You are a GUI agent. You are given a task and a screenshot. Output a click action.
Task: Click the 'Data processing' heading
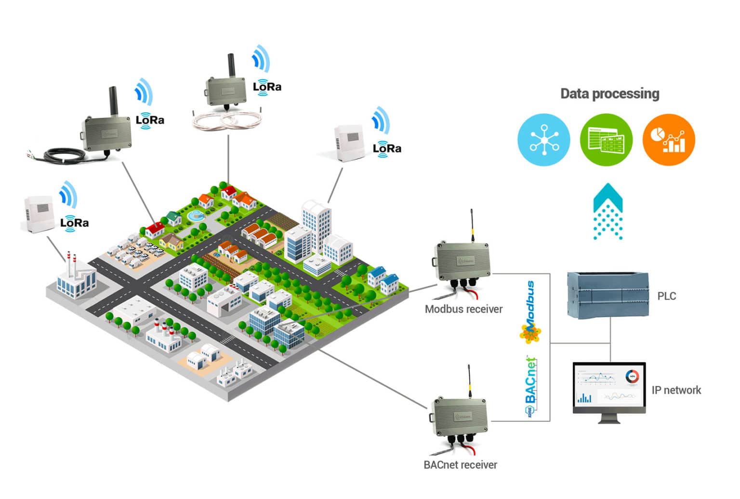(609, 94)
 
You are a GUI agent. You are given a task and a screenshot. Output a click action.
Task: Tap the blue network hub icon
(543, 140)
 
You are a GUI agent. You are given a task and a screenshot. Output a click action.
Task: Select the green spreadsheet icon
(606, 140)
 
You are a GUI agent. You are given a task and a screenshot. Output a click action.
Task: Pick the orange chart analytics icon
(669, 140)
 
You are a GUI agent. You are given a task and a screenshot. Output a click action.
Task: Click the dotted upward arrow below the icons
(608, 212)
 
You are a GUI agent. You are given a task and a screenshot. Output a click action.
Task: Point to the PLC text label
(667, 296)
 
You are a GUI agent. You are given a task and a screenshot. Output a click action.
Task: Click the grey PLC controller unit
(608, 295)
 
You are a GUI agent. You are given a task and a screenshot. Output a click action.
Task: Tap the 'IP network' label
(676, 390)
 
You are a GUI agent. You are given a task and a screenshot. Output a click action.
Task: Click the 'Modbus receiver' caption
(463, 309)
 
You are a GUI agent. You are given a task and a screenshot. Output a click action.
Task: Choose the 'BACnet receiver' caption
(460, 465)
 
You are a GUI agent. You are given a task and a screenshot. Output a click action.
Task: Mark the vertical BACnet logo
(530, 386)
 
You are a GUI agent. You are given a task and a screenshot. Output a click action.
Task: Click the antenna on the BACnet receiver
(469, 381)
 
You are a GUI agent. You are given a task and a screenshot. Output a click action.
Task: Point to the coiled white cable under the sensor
(226, 120)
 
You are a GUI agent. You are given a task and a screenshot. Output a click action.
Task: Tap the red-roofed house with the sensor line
(155, 229)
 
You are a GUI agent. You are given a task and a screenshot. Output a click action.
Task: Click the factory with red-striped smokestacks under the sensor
(75, 278)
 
